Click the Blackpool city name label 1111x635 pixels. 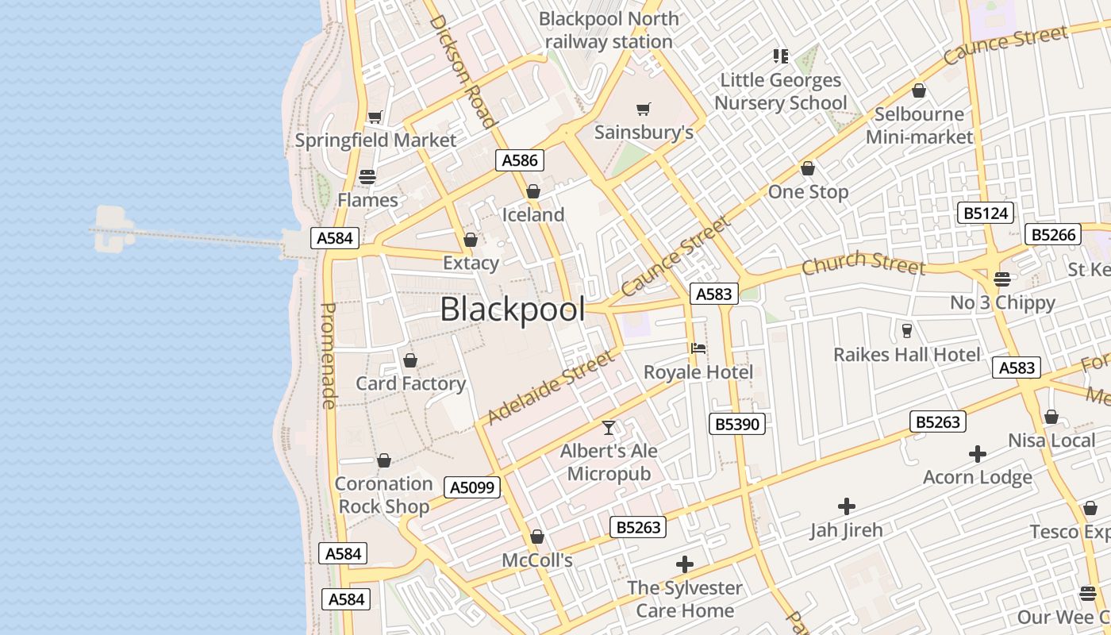point(513,310)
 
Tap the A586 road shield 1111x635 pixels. point(520,160)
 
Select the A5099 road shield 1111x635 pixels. point(471,487)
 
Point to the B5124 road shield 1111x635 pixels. point(986,213)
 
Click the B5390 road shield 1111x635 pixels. point(737,424)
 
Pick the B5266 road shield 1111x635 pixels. point(1052,234)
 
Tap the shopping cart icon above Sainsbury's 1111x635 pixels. point(644,109)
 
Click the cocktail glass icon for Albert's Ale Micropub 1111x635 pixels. point(609,428)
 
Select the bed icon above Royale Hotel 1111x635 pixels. point(698,348)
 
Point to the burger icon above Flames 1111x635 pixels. point(367,176)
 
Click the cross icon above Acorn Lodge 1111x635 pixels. point(978,454)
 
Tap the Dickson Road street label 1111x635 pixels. point(463,70)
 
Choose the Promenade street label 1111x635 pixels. point(329,356)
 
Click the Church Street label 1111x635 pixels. point(863,263)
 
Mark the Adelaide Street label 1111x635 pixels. point(551,388)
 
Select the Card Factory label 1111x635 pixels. point(410,383)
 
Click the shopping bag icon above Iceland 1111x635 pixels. point(533,191)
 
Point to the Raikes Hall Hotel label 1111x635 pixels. point(906,354)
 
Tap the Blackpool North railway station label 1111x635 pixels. point(609,30)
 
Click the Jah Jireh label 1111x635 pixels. point(846,529)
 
